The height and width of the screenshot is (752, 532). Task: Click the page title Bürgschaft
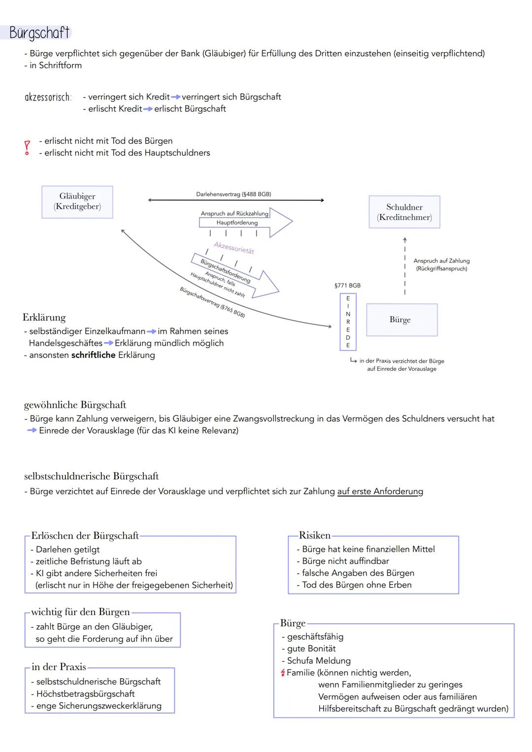click(x=39, y=33)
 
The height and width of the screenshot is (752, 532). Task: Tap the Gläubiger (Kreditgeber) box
click(x=77, y=202)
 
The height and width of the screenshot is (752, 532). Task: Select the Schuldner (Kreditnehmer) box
click(x=404, y=212)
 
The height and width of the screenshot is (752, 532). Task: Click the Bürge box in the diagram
click(x=401, y=320)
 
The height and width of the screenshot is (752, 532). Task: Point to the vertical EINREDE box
click(x=348, y=322)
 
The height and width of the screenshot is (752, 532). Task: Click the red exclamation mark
click(x=28, y=147)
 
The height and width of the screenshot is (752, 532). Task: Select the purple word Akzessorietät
click(x=234, y=248)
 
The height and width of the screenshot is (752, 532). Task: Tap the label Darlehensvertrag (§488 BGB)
click(x=233, y=194)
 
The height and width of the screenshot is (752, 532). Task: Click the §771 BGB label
click(x=347, y=286)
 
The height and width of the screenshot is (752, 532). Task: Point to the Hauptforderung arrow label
click(x=237, y=223)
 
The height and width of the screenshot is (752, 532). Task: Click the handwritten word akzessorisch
click(x=48, y=97)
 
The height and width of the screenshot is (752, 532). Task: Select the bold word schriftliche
click(x=94, y=355)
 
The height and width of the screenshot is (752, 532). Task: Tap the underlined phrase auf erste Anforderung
click(x=380, y=491)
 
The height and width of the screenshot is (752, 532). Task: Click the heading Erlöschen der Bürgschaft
click(x=85, y=536)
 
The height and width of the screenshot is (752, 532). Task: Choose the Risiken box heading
click(x=315, y=535)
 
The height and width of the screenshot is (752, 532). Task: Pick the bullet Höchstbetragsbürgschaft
click(x=85, y=694)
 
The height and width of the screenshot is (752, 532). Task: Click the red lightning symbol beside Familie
click(x=283, y=673)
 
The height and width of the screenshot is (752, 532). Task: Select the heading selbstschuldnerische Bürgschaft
click(x=91, y=476)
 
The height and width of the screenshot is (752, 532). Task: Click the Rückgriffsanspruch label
click(x=441, y=269)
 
